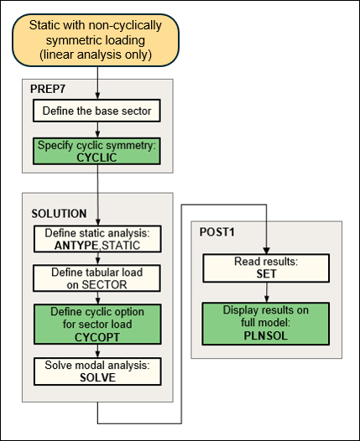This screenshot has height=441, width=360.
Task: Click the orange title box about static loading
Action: [x=98, y=41]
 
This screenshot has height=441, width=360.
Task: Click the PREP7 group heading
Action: [x=51, y=88]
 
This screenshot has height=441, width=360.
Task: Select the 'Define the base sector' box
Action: [x=98, y=109]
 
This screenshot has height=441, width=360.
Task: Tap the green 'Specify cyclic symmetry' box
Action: [x=98, y=150]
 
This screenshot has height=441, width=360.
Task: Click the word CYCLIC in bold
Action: [x=98, y=156]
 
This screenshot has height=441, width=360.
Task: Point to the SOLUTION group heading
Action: [x=60, y=213]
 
